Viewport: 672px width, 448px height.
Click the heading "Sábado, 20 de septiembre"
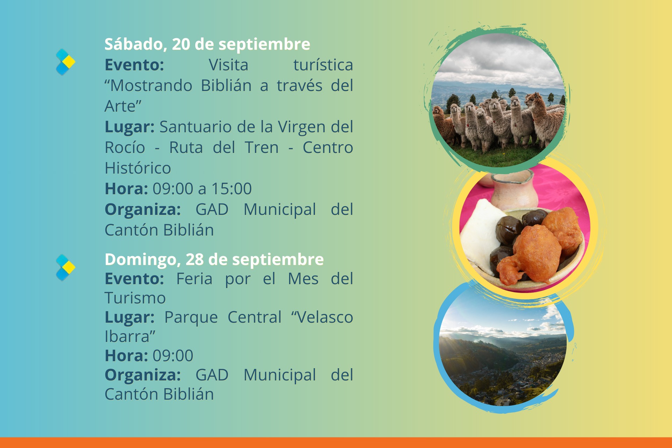207,44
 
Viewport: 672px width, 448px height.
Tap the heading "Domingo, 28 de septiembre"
214,260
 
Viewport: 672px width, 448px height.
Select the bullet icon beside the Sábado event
65,62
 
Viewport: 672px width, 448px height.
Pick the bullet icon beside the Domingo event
65,268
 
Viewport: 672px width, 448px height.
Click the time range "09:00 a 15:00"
202,189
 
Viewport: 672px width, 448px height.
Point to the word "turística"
323,65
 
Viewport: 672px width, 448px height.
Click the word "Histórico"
138,168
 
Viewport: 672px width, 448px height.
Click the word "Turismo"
135,298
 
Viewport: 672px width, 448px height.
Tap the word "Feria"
194,279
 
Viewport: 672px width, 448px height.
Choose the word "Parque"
191,318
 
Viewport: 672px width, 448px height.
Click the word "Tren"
262,147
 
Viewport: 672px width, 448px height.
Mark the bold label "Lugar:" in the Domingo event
129,318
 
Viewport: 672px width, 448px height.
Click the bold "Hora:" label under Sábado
126,189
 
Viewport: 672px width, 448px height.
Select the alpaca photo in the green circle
498,100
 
